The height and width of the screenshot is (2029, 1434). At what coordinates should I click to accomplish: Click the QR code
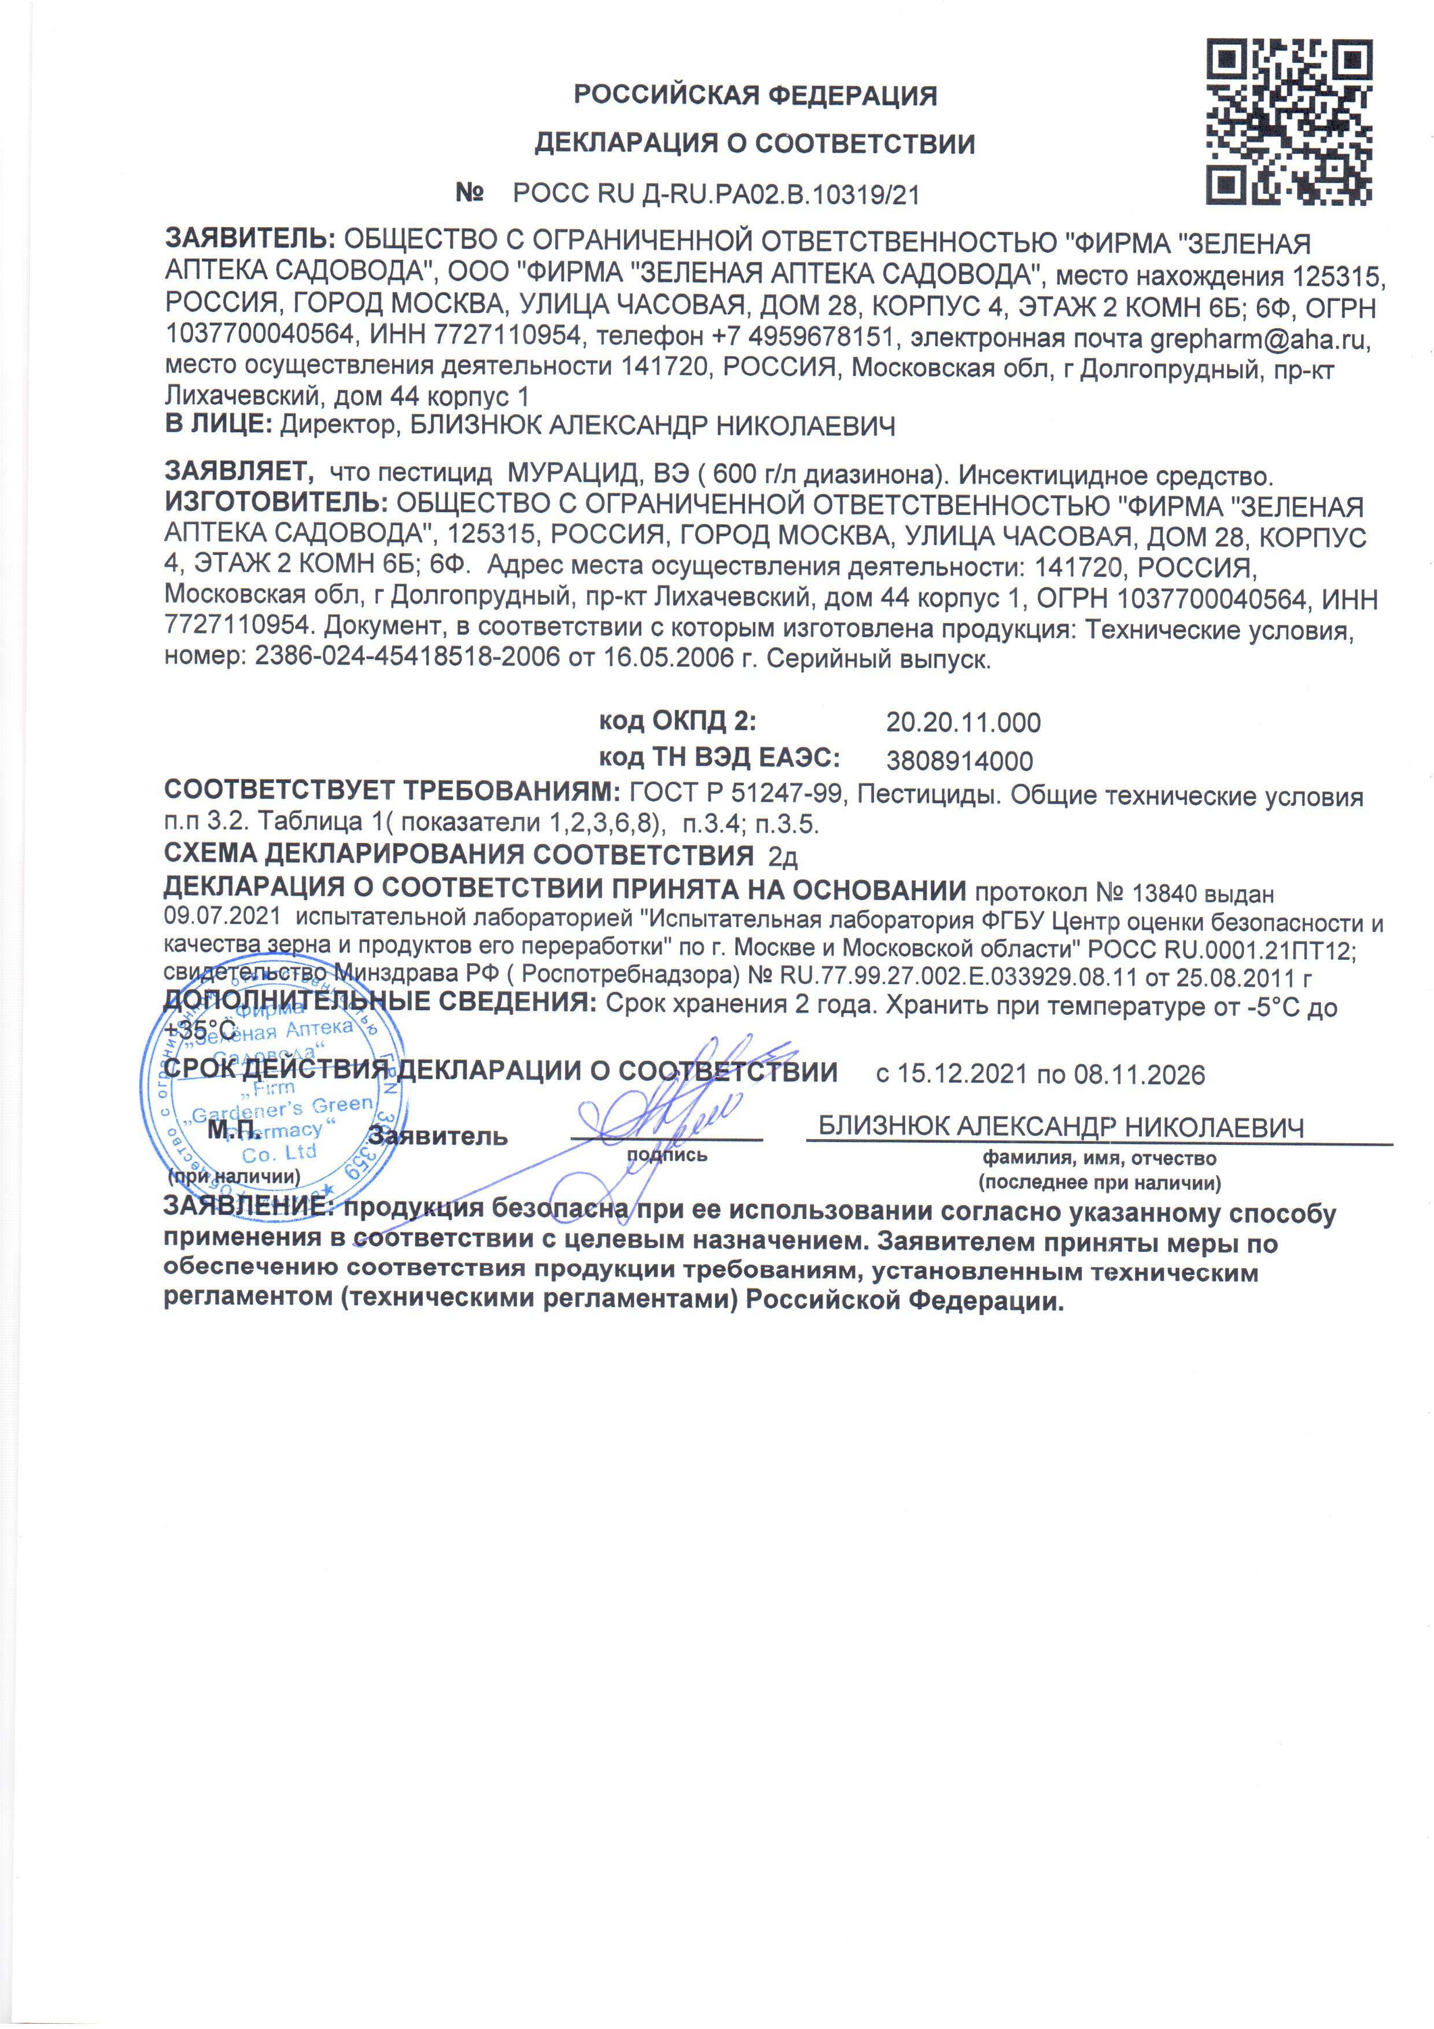coord(1289,123)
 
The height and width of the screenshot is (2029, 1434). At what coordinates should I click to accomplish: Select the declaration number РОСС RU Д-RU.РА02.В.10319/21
coord(717,194)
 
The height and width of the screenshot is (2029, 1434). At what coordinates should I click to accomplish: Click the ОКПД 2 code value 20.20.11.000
coord(963,722)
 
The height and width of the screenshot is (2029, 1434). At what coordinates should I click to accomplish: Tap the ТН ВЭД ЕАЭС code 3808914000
coord(960,761)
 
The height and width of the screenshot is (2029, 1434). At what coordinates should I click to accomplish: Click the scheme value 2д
coord(783,856)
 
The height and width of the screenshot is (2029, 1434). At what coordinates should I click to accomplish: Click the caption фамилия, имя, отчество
coord(1100,1158)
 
